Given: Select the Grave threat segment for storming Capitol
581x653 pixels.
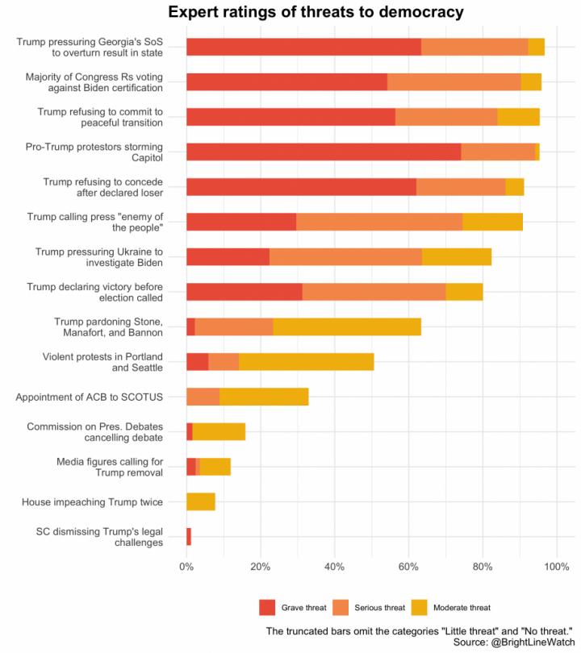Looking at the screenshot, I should (323, 152).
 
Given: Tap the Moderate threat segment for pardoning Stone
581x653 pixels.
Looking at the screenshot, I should (347, 326).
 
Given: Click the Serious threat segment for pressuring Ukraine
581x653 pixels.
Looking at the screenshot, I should (345, 257).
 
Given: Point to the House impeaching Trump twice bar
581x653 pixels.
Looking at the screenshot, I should (200, 502).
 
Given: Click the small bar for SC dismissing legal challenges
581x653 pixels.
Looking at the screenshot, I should (189, 537).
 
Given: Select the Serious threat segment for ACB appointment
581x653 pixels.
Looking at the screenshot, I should (203, 397).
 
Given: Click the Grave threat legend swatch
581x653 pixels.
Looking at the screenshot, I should (267, 607).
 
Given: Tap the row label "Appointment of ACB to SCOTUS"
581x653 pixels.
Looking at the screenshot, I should (90, 397).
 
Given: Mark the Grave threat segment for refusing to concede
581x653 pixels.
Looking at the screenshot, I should (301, 187).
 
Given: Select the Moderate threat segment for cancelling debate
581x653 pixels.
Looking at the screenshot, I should (219, 432).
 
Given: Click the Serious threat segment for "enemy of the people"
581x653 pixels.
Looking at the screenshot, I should (379, 222).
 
